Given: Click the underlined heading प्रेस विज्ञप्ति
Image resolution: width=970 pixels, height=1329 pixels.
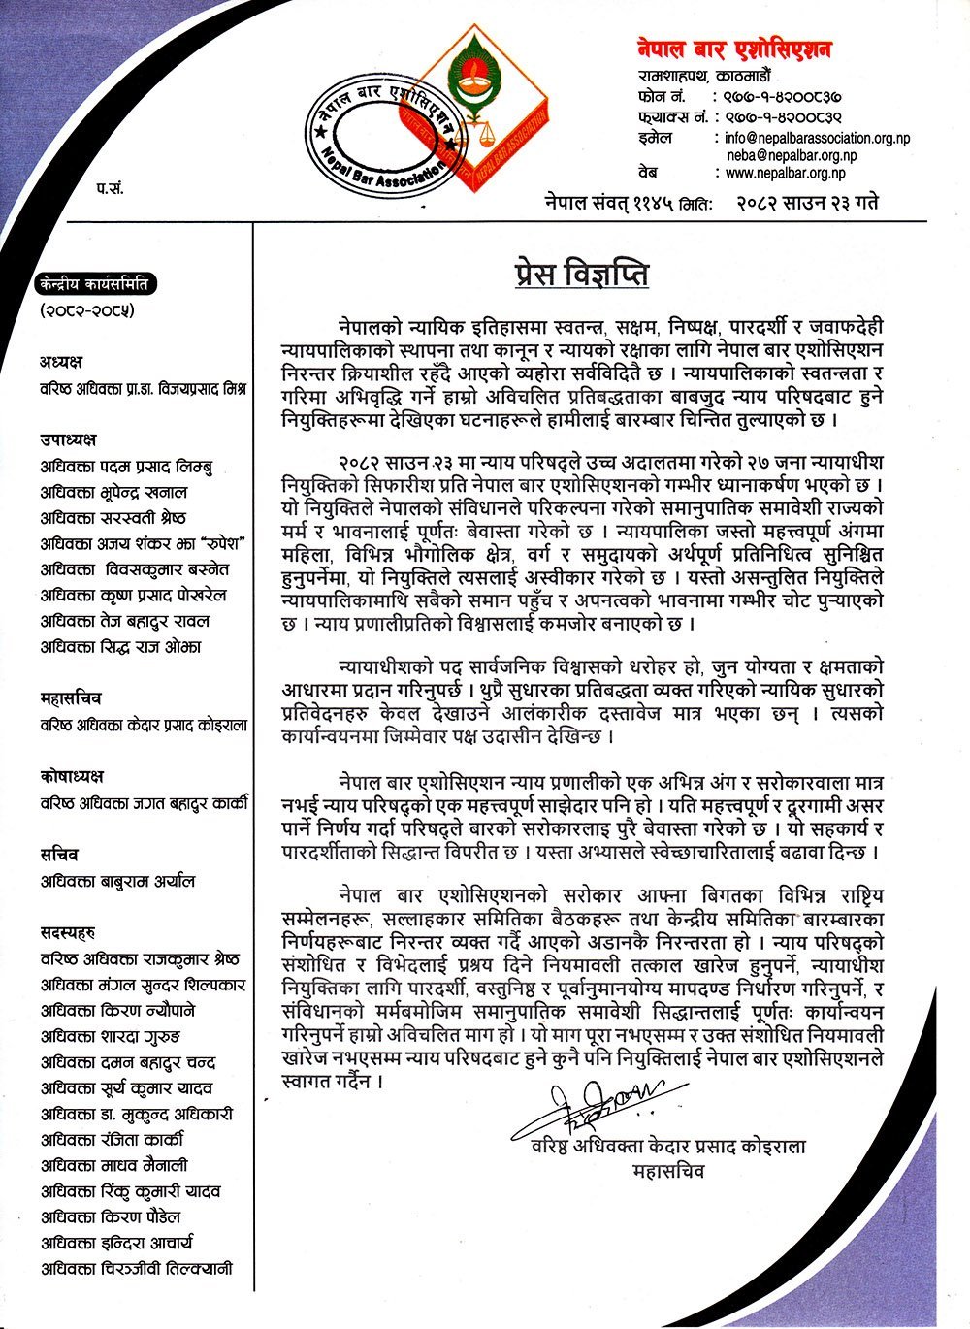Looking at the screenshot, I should coord(581,274).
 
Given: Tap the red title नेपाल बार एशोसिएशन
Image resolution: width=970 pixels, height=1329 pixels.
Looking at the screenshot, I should coord(734,49).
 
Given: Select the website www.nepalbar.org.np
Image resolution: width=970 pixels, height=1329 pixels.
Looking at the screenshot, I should coord(785,173).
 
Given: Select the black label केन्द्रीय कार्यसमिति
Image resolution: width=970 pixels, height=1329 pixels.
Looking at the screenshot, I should coord(93,285).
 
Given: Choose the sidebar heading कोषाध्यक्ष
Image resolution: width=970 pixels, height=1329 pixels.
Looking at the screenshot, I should coord(72,777).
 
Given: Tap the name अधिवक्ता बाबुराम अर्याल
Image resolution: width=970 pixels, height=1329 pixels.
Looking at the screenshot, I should coord(117,881).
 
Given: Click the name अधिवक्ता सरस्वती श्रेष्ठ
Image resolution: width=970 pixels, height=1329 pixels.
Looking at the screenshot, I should coord(113,518).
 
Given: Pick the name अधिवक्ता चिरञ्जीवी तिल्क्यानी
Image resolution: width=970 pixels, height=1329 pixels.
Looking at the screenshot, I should coord(136,1269).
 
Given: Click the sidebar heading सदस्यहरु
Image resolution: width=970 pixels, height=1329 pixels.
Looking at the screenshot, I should coord(67,933).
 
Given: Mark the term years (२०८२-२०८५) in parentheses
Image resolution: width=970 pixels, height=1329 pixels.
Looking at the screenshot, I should coord(86,311).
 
